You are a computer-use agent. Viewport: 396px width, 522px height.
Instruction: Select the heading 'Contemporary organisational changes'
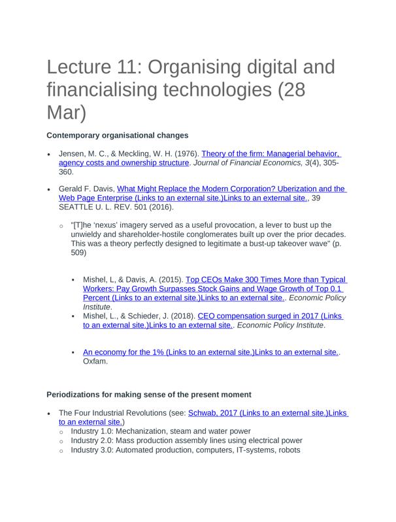point(118,135)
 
